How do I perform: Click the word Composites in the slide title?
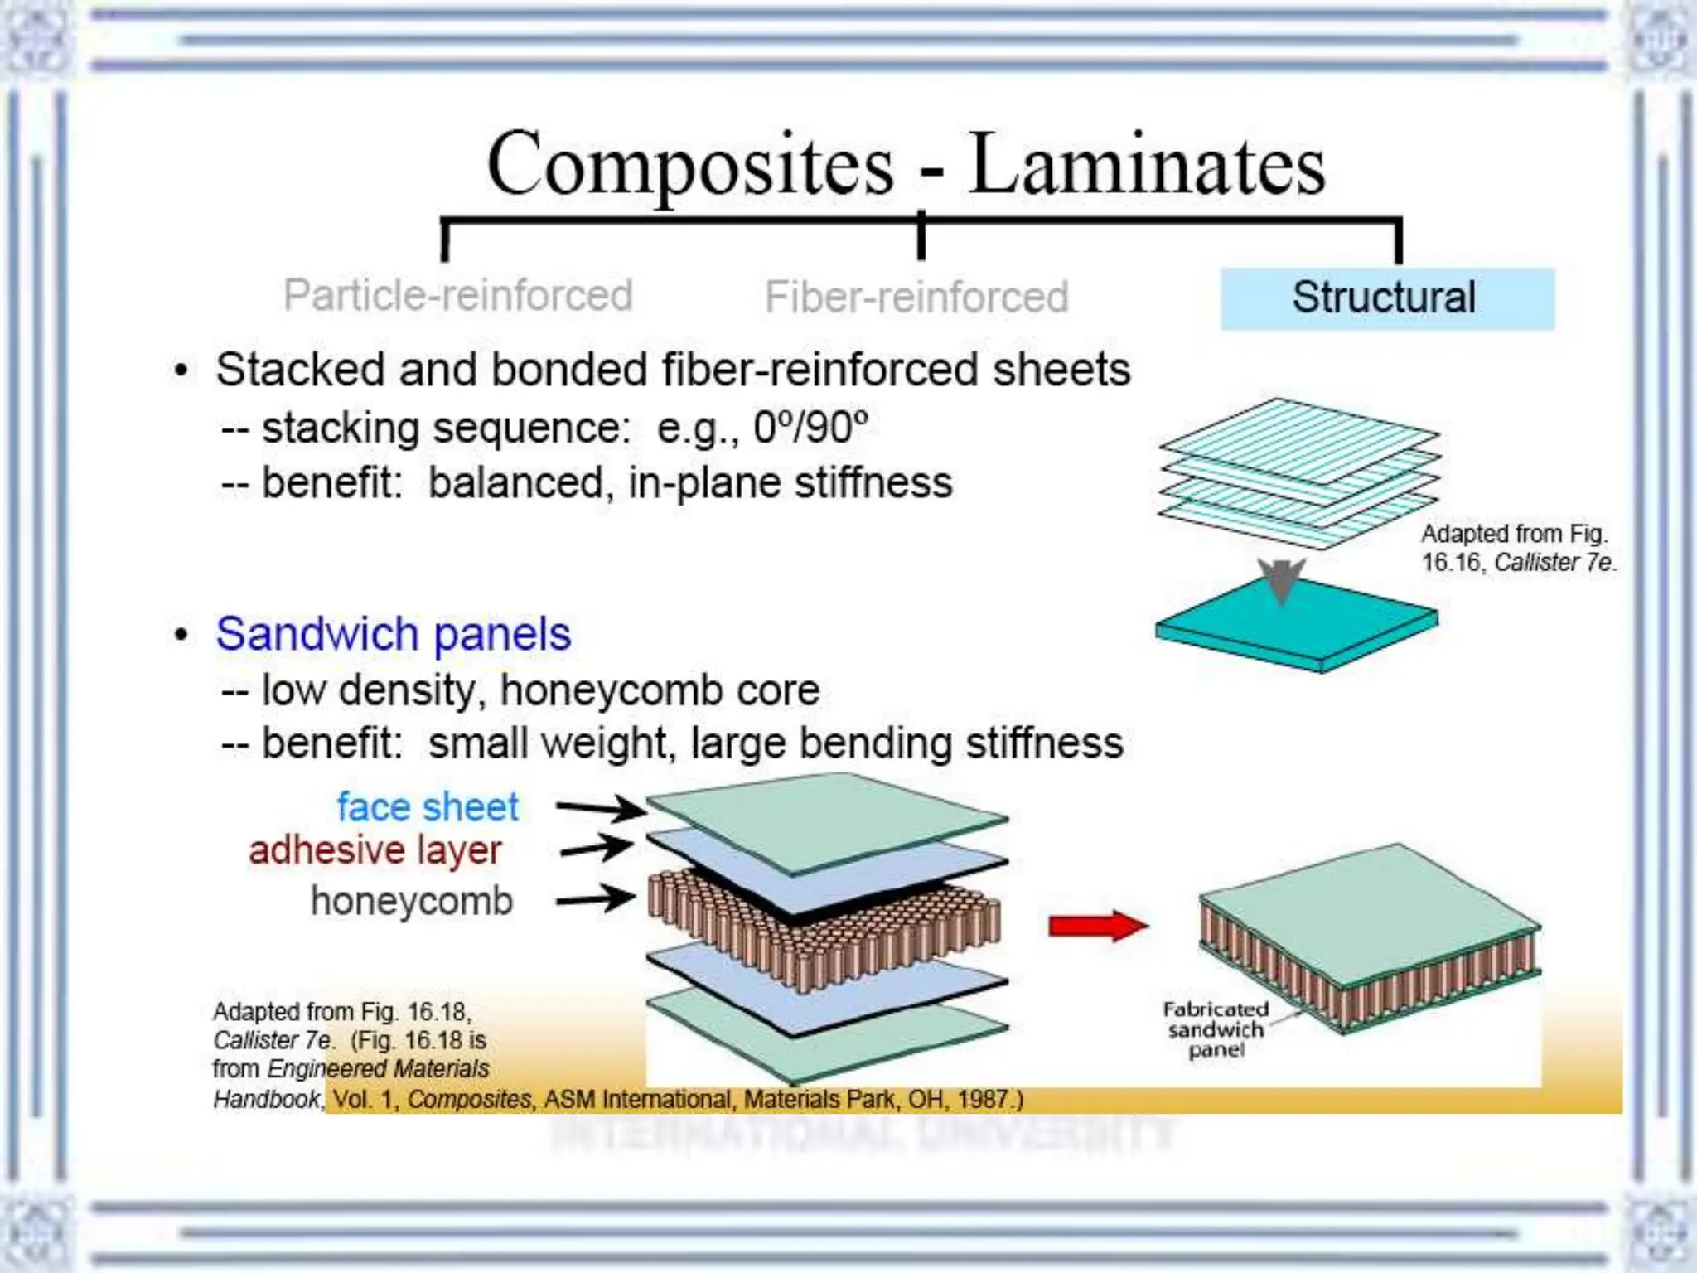pos(690,165)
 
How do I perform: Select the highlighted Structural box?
pos(1386,298)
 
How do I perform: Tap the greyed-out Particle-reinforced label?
pos(457,295)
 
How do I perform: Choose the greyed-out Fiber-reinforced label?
pos(916,298)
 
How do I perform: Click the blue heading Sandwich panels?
pos(393,634)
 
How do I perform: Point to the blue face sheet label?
pos(428,807)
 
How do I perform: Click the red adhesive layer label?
pos(375,850)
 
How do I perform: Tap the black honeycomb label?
pos(412,901)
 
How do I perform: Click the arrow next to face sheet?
pos(601,807)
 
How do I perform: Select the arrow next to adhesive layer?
pos(597,848)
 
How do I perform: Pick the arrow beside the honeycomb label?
pos(596,898)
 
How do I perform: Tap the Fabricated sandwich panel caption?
pos(1216,1029)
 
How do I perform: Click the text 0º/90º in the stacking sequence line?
pos(810,428)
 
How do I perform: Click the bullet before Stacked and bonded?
pos(181,370)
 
